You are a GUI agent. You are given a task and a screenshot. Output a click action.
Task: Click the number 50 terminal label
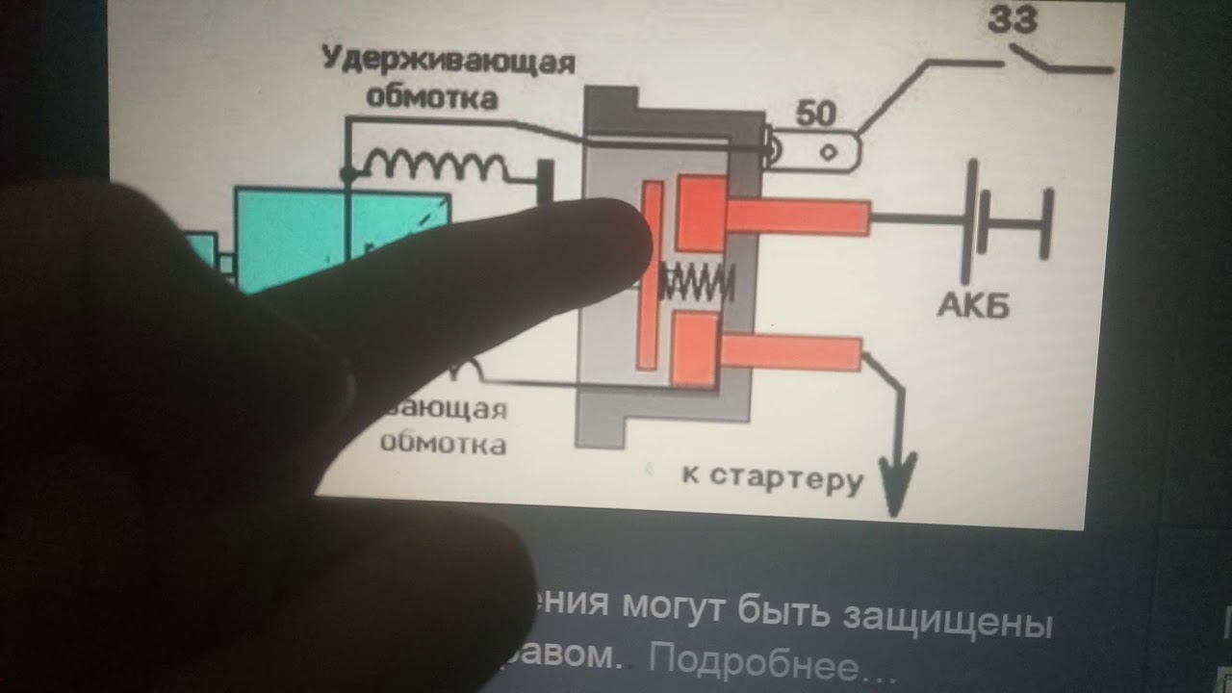point(815,115)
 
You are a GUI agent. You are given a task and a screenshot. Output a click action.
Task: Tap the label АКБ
point(973,305)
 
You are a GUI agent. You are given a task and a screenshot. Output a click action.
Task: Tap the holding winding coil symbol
point(433,166)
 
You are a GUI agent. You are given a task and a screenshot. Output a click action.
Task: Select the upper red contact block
point(701,212)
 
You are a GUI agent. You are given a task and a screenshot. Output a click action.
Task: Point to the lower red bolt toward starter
point(790,353)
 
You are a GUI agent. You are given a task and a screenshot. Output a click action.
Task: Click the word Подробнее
point(759,661)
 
